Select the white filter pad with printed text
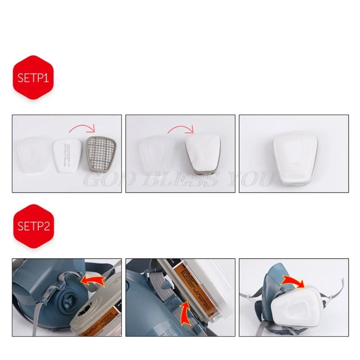68,154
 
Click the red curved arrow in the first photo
83,130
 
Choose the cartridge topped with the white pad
202,154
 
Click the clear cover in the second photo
155,154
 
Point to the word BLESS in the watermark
182,180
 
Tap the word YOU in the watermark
252,180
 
